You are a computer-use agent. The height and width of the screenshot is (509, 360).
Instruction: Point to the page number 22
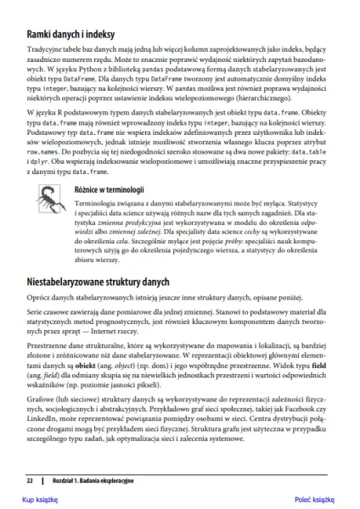coord(29,481)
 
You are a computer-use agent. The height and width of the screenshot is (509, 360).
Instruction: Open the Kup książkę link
coord(38,501)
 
